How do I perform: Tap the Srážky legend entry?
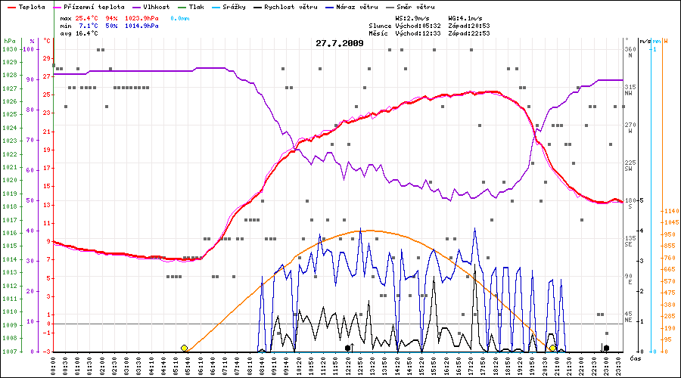[x=232, y=6]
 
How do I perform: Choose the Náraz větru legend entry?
[x=358, y=6]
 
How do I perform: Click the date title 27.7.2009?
[x=340, y=43]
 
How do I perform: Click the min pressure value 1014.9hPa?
[x=141, y=26]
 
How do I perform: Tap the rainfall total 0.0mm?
[x=180, y=17]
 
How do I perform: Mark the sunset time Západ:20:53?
[x=469, y=26]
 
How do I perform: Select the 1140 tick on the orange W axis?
[x=670, y=211]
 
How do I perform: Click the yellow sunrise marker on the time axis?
[x=184, y=348]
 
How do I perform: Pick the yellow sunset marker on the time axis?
[x=552, y=348]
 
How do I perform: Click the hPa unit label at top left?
[x=9, y=40]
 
